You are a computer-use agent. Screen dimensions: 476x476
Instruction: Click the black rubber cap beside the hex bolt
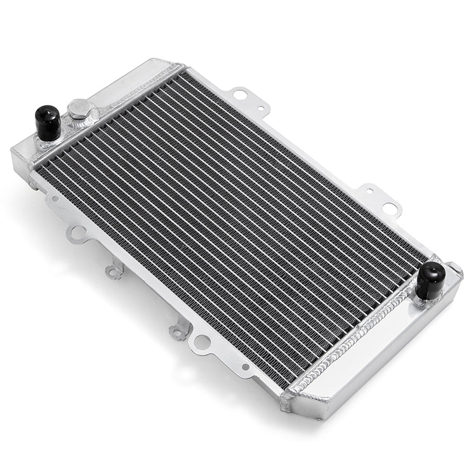click(48, 122)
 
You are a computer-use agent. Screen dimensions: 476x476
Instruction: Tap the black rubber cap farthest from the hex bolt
click(430, 280)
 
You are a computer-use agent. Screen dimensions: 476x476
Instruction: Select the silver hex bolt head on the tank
click(79, 109)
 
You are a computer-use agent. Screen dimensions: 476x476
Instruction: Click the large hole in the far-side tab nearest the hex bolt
click(240, 95)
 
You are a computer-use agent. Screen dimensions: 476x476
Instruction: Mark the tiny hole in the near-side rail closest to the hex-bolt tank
click(55, 199)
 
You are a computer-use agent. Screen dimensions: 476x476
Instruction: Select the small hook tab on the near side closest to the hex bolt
click(115, 272)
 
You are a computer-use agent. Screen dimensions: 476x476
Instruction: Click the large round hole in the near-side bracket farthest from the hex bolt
click(202, 343)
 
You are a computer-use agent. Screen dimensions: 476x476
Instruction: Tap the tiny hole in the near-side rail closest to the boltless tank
click(245, 366)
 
